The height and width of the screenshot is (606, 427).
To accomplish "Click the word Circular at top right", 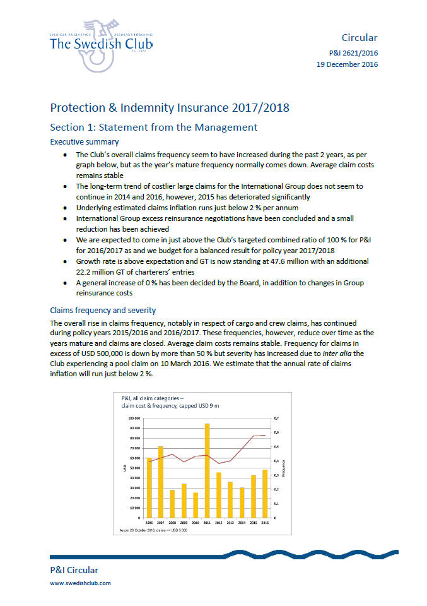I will (x=359, y=38).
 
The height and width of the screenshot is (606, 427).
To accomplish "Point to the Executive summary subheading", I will (x=84, y=142).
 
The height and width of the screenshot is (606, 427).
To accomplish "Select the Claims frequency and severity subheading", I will (x=103, y=310).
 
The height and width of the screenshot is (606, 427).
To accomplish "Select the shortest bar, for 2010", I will (x=196, y=505).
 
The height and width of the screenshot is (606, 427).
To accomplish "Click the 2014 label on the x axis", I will (x=242, y=523).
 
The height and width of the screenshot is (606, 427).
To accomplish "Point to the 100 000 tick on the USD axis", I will (x=134, y=419).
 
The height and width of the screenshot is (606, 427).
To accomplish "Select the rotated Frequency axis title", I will (x=284, y=468).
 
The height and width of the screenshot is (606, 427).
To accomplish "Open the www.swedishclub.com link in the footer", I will (x=80, y=583).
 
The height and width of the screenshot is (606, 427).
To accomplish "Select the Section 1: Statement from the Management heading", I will (x=153, y=127).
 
